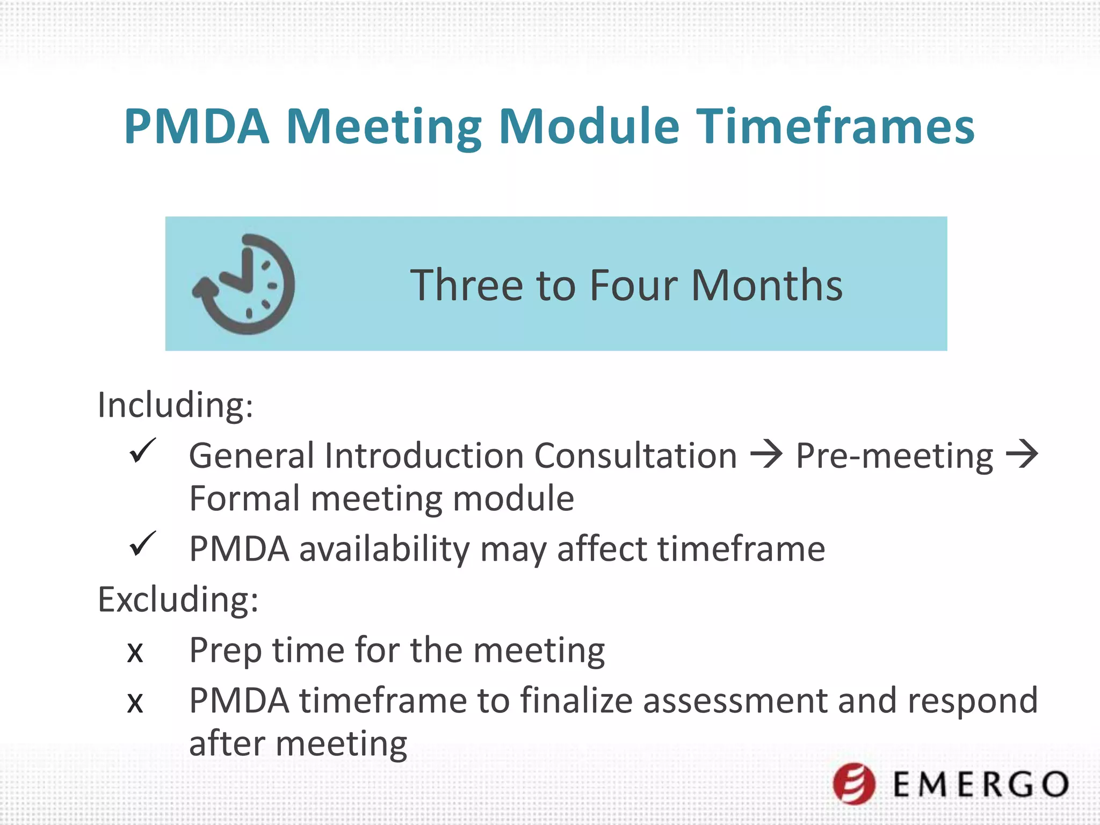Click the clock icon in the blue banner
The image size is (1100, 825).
coord(244,284)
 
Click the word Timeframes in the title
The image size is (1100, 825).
coord(835,127)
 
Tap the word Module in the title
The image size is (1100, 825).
coord(589,127)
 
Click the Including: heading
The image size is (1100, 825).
coord(175,405)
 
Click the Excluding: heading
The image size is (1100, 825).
coord(178,599)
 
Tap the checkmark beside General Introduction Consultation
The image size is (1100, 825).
coord(142,451)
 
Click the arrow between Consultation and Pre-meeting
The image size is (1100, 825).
coord(766,454)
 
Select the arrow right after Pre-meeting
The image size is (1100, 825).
coord(1022,454)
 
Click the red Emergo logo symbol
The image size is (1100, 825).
coord(854,784)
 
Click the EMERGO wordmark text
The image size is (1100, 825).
coord(981,785)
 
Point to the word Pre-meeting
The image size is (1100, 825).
coord(894,457)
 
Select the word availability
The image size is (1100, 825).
coord(384,550)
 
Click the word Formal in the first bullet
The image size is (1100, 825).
coord(245,498)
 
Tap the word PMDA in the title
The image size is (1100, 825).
coord(197,127)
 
